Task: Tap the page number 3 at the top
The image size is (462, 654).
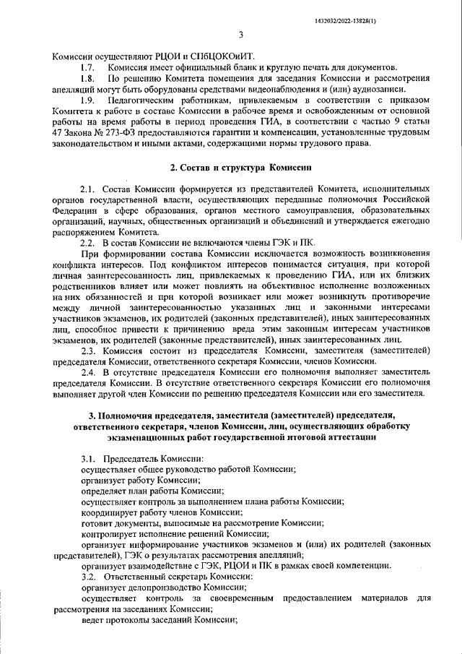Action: [x=240, y=33]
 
